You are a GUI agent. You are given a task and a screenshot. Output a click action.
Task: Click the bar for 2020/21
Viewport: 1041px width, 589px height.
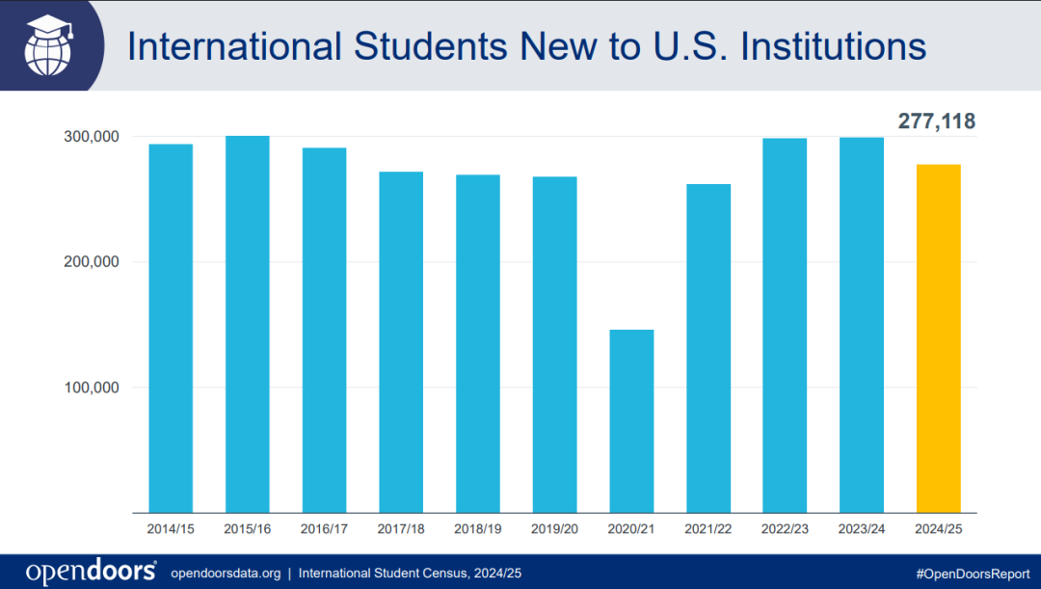[631, 420]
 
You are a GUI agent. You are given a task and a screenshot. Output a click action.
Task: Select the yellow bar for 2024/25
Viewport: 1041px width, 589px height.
[938, 337]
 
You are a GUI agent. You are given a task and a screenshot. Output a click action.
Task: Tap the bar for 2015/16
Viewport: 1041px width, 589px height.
[247, 324]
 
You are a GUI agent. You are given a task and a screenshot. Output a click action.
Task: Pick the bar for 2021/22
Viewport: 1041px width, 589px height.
[708, 347]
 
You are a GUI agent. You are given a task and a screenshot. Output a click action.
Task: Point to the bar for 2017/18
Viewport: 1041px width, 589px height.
[401, 341]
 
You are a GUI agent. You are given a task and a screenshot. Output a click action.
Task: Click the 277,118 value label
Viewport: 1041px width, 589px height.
[937, 121]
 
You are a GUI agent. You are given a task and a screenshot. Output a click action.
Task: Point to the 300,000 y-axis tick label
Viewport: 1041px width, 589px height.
[87, 137]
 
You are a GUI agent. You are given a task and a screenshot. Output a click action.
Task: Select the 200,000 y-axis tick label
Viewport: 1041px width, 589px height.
[87, 262]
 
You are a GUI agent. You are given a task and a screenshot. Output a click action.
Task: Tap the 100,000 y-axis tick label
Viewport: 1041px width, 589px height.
[87, 388]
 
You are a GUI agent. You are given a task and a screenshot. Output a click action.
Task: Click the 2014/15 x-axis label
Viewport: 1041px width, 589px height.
[171, 529]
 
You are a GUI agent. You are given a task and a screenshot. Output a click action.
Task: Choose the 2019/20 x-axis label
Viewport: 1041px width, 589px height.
[554, 529]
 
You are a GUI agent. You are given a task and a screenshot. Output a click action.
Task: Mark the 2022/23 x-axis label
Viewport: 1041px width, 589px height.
[785, 529]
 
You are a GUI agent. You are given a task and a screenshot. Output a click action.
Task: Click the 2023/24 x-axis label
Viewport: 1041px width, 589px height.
[862, 529]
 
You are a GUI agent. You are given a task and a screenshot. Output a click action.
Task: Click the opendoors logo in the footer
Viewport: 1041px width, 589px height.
[91, 572]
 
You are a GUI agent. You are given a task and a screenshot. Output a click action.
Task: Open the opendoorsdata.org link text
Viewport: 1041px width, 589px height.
[226, 573]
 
